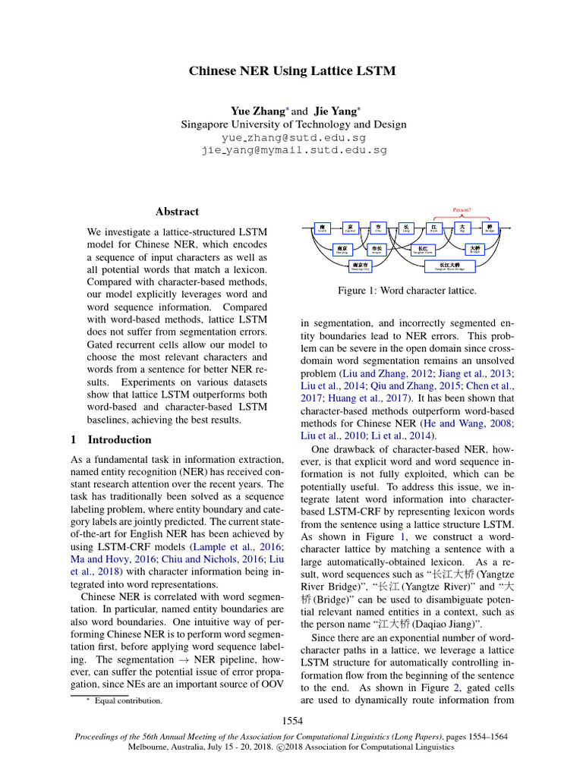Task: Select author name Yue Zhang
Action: coord(258,111)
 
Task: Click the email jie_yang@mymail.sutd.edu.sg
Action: coord(293,150)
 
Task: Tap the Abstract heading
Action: coord(177,212)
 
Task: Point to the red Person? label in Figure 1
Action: coord(462,214)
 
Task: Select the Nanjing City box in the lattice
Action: coord(359,266)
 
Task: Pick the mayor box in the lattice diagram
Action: coord(377,248)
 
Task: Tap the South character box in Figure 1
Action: coord(322,228)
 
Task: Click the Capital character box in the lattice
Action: coord(350,228)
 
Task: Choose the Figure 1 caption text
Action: coord(407,291)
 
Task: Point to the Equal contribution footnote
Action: coord(128,700)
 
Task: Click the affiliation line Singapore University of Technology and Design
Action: coord(293,124)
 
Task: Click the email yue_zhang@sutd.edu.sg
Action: coord(293,138)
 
